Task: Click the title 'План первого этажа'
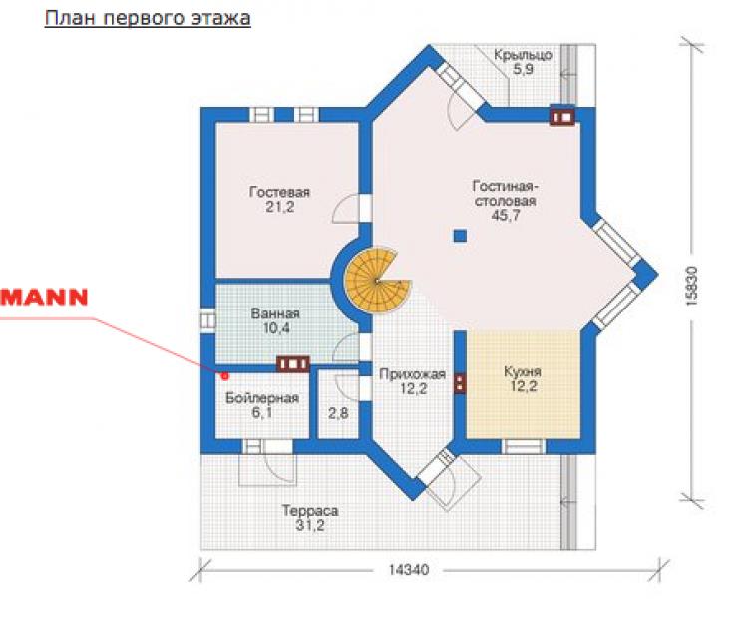(x=148, y=18)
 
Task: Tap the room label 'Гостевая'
(x=279, y=192)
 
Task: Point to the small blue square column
(x=460, y=235)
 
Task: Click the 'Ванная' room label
(x=275, y=313)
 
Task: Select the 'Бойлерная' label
(x=262, y=398)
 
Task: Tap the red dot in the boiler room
(x=225, y=375)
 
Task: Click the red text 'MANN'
(x=44, y=298)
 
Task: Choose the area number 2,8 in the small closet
(x=338, y=413)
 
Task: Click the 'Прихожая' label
(x=412, y=375)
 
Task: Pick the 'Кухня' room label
(x=523, y=372)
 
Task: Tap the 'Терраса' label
(x=310, y=511)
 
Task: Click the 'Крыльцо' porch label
(x=523, y=55)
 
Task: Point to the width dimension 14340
(x=409, y=570)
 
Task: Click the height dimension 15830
(x=691, y=287)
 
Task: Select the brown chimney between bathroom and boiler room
(x=293, y=364)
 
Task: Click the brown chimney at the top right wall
(x=562, y=116)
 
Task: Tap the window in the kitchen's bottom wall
(x=524, y=446)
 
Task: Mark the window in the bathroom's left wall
(x=208, y=321)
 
